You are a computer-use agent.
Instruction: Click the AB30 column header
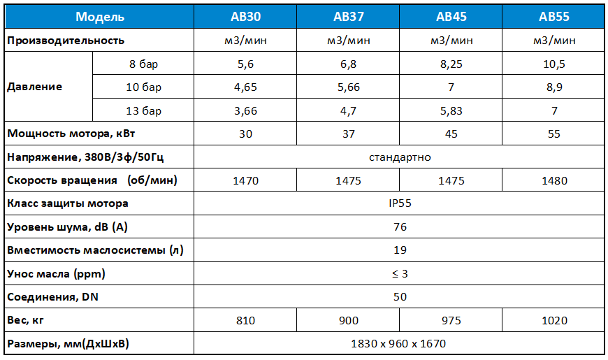245,16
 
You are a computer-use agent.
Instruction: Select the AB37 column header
348,16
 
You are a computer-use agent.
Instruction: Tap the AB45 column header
451,16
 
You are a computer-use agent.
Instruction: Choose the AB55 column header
553,16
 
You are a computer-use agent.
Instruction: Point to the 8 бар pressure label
144,64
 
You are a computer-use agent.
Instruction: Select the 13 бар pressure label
144,110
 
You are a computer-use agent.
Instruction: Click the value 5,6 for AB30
245,64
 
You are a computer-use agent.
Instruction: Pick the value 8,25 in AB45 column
451,64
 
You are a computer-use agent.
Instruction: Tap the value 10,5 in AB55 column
553,64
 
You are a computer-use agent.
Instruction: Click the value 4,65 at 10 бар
245,87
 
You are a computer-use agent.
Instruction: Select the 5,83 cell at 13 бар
451,110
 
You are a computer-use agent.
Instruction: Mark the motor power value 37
348,134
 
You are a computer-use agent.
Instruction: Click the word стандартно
400,157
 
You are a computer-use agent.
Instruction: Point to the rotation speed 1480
553,180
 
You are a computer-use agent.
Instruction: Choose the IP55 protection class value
400,204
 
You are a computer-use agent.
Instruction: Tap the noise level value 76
400,227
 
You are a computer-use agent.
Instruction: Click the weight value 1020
553,320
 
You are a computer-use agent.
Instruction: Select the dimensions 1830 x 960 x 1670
400,344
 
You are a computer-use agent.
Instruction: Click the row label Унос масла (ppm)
57,273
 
